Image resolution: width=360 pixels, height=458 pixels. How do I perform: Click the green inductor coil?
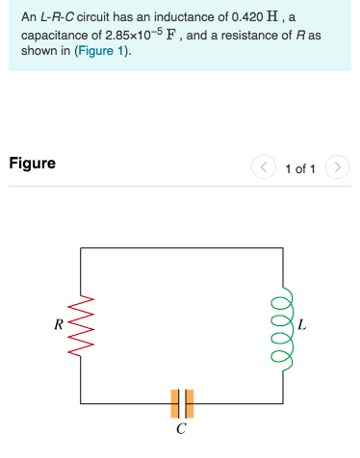283,324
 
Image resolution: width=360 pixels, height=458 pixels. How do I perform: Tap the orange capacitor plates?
182,403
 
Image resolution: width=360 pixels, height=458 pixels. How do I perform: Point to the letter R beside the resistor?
61,324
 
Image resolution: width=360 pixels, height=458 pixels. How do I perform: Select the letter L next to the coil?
303,324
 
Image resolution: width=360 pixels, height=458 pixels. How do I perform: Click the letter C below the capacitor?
182,429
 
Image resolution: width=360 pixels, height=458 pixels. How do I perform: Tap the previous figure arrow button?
264,168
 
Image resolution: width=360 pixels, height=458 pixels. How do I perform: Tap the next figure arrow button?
336,168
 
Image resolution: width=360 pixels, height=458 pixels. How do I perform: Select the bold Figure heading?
32,164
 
